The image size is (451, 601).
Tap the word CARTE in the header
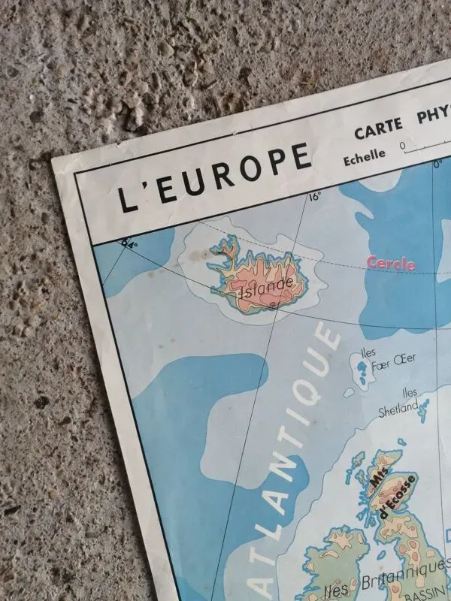[x=379, y=131]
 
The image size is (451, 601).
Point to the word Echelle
[x=365, y=156]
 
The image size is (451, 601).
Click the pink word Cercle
[x=391, y=264]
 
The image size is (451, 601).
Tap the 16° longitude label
[x=314, y=197]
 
